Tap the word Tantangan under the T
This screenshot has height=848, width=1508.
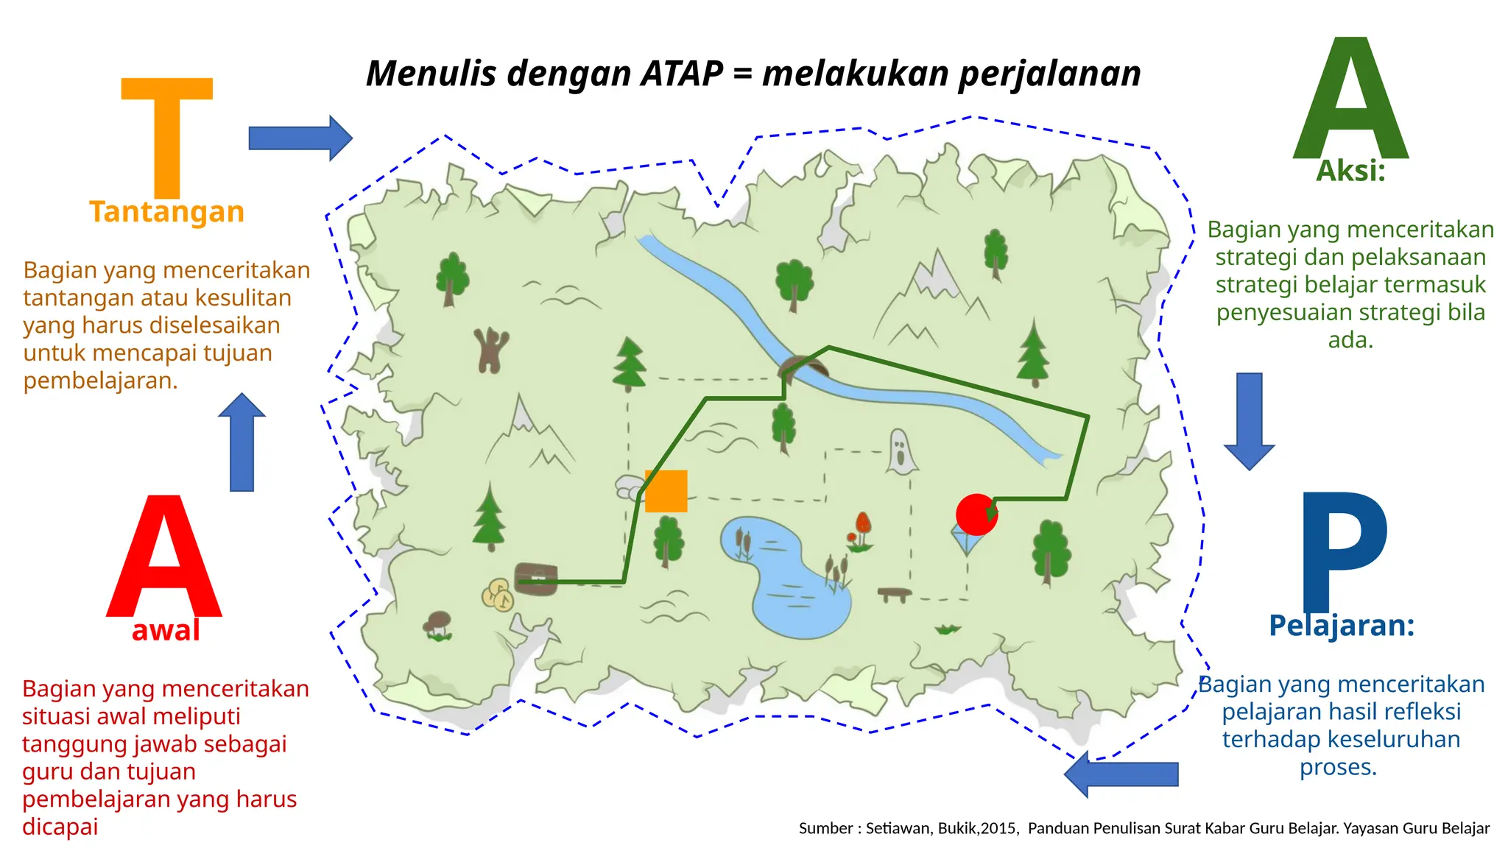tap(167, 212)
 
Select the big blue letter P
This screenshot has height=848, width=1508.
tap(1344, 548)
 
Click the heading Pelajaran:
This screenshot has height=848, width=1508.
tap(1342, 626)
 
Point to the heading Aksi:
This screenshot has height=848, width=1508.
tap(1350, 171)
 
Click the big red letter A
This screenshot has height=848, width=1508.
tap(164, 559)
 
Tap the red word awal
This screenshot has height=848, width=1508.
tap(166, 630)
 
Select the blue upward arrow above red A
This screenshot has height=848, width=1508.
tap(242, 442)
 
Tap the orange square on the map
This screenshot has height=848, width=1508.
tap(666, 491)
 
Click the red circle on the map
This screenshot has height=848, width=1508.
tap(976, 515)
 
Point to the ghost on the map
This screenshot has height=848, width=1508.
tap(901, 451)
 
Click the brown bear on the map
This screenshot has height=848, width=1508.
tap(491, 350)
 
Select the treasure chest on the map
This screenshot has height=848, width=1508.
tap(535, 579)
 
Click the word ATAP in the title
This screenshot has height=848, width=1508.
tap(682, 74)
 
